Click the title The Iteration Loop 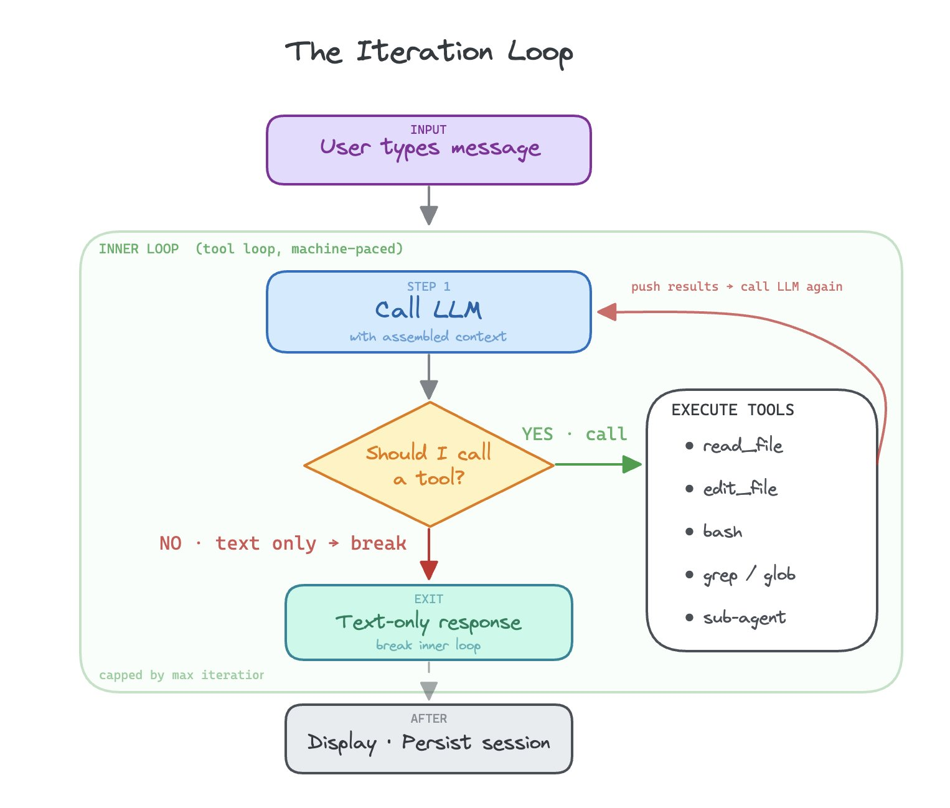point(428,52)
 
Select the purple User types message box point(428,150)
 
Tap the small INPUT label point(428,129)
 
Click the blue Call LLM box point(428,311)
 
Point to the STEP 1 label point(428,286)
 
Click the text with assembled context point(428,337)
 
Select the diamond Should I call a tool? point(428,464)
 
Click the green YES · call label point(574,434)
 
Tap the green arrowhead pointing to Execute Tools point(632,464)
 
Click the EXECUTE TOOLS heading point(732,410)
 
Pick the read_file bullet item point(742,446)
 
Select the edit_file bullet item point(740,489)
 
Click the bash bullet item point(722,532)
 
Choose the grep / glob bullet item point(749,575)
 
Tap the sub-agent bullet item point(744,618)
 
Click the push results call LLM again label point(736,286)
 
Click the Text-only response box point(428,622)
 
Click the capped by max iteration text point(181,675)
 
